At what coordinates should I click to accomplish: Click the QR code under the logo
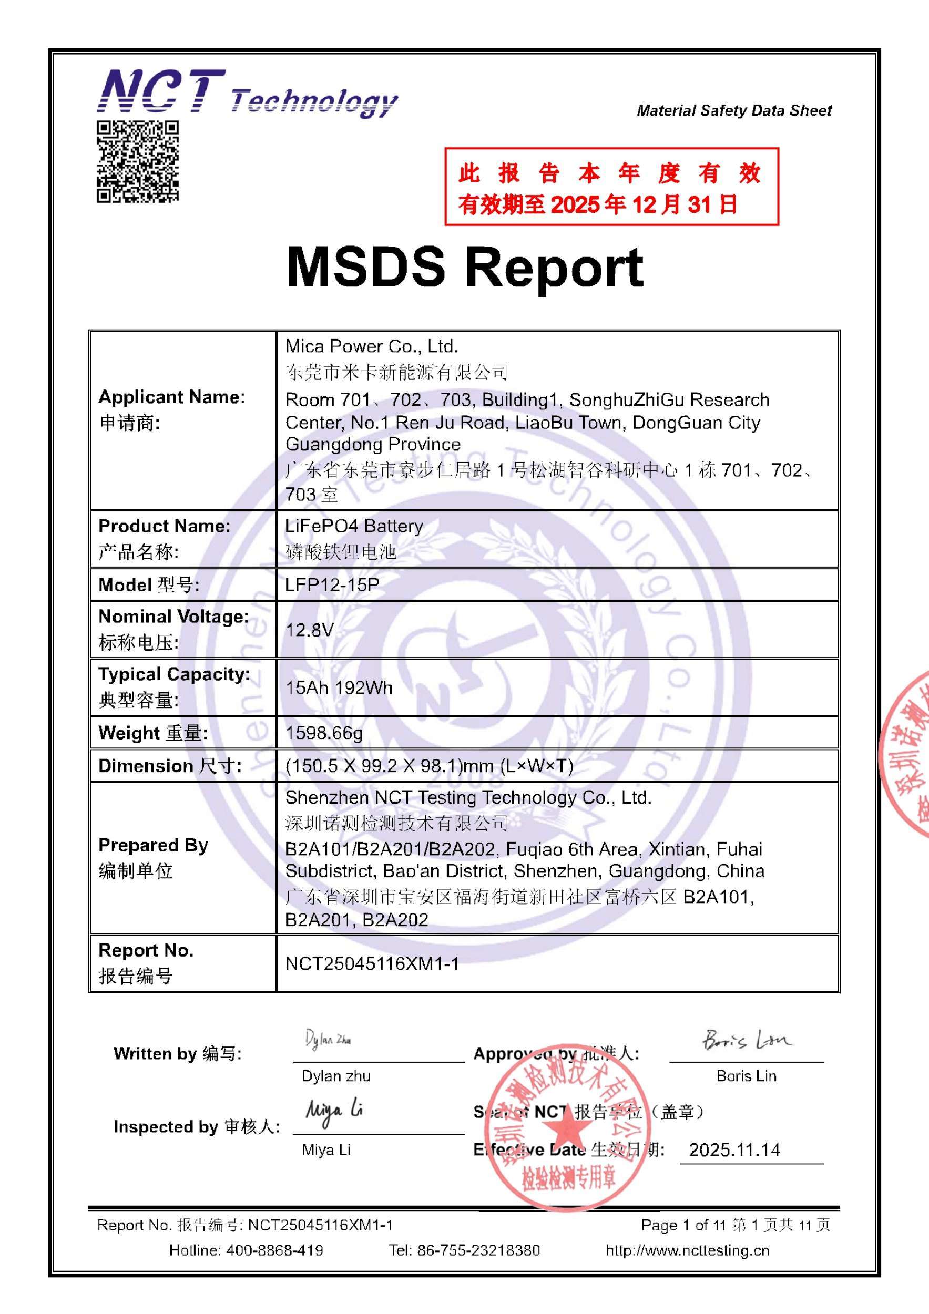click(137, 161)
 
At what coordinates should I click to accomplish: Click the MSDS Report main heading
click(465, 266)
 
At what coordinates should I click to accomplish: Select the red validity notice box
click(611, 187)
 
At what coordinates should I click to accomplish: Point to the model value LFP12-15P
click(332, 585)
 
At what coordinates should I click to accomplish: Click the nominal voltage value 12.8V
click(310, 630)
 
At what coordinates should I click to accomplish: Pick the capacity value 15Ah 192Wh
click(339, 687)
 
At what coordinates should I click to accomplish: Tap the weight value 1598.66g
click(324, 733)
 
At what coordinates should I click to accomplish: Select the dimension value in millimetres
click(430, 766)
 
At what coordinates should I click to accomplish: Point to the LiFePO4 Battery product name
click(354, 526)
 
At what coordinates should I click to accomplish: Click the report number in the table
click(372, 964)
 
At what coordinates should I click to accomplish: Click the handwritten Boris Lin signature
click(746, 1039)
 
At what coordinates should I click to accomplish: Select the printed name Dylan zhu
click(336, 1076)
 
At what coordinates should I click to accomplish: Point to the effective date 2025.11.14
click(734, 1150)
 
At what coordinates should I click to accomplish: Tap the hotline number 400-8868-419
click(274, 1250)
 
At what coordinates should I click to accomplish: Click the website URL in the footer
click(688, 1250)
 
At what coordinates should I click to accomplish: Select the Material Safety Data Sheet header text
click(734, 110)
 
